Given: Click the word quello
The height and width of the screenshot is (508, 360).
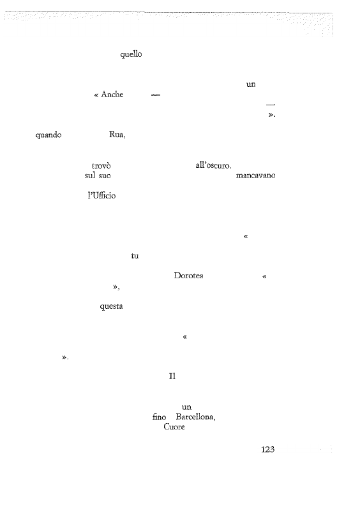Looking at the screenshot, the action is pos(131,54).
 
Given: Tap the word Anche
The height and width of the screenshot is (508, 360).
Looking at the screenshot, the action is pos(112,94).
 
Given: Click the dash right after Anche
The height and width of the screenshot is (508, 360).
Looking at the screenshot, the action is pos(156,95).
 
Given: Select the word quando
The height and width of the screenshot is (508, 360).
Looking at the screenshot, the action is pos(49,135).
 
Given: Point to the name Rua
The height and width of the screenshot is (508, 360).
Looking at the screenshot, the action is pos(117,135).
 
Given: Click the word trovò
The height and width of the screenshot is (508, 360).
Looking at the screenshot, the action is pos(101,166).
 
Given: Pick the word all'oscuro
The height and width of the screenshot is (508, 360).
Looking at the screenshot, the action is pos(213,165).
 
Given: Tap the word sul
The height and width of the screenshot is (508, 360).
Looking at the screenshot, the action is pos(90,176).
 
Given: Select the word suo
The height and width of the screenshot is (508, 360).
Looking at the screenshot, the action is pos(105,176).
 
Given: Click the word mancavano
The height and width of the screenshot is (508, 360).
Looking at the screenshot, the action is pos(256,176).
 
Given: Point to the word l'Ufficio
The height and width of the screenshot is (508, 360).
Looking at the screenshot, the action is pos(101,196).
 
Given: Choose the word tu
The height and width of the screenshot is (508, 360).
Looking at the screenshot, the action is pos(135,256).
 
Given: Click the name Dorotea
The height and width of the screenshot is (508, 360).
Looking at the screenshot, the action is pos(188,276).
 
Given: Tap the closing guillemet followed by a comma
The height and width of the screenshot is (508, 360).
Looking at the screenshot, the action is pos(116,287).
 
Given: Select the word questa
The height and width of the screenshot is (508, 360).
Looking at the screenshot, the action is pos(111,306).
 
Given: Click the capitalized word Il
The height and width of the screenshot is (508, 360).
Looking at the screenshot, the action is pos(172,377).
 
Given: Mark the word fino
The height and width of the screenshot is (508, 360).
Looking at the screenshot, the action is pos(159,417).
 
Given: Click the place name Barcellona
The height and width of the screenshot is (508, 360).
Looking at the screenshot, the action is pos(196,417).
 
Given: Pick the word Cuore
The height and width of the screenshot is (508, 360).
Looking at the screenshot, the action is pos(174,427).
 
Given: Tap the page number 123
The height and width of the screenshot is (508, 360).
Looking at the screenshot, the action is pos(267,449).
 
